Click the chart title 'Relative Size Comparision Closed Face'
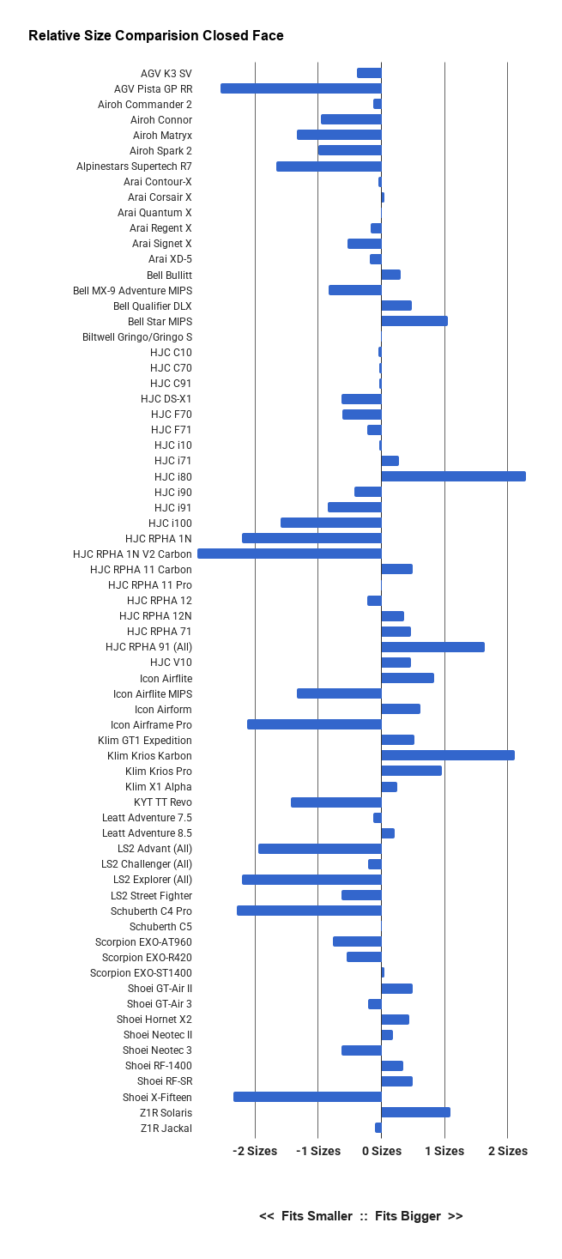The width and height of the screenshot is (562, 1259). pyautogui.click(x=155, y=35)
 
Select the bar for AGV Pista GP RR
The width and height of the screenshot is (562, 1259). pyautogui.click(x=301, y=88)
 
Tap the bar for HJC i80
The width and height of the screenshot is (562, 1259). pyautogui.click(x=454, y=476)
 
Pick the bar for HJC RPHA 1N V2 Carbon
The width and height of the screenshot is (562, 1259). pyautogui.click(x=289, y=554)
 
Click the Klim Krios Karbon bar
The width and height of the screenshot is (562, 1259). pyautogui.click(x=448, y=755)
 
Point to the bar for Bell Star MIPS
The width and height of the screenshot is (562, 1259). pyautogui.click(x=414, y=321)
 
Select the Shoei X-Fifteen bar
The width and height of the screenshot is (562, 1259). pyautogui.click(x=307, y=1097)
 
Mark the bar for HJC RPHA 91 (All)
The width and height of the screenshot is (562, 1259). pyautogui.click(x=432, y=647)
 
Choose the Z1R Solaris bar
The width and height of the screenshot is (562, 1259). pyautogui.click(x=416, y=1112)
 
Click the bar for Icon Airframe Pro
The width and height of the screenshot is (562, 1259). pyautogui.click(x=314, y=724)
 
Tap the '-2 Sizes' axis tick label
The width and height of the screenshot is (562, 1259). pyautogui.click(x=255, y=1151)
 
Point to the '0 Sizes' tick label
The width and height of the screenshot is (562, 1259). pyautogui.click(x=382, y=1151)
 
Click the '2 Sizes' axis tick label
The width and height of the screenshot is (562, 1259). pyautogui.click(x=508, y=1151)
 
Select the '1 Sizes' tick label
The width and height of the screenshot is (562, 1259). pyautogui.click(x=444, y=1151)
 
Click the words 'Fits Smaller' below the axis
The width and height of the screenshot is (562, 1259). pyautogui.click(x=317, y=1216)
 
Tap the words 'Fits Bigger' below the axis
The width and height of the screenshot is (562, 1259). pyautogui.click(x=408, y=1216)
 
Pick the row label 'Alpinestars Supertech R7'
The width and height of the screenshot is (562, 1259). pyautogui.click(x=135, y=166)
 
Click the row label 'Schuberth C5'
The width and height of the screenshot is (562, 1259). pyautogui.click(x=160, y=926)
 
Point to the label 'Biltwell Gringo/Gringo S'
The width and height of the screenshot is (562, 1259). pyautogui.click(x=137, y=337)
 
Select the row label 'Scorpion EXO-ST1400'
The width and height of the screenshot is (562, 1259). pyautogui.click(x=141, y=973)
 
